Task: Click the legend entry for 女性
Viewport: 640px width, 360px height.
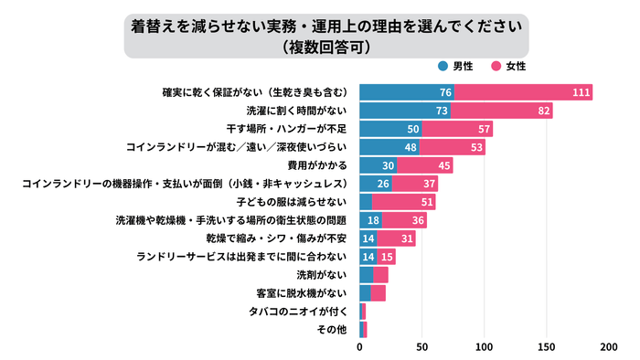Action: [508, 67]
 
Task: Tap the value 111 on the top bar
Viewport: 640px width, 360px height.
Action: [580, 92]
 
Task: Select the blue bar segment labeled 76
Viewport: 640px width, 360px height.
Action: [407, 92]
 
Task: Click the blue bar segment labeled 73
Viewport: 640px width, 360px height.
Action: [405, 111]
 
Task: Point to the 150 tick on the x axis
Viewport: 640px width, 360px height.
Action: [547, 347]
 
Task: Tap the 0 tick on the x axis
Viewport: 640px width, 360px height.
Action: [360, 347]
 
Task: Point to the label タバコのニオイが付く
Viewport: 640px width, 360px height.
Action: [298, 311]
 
